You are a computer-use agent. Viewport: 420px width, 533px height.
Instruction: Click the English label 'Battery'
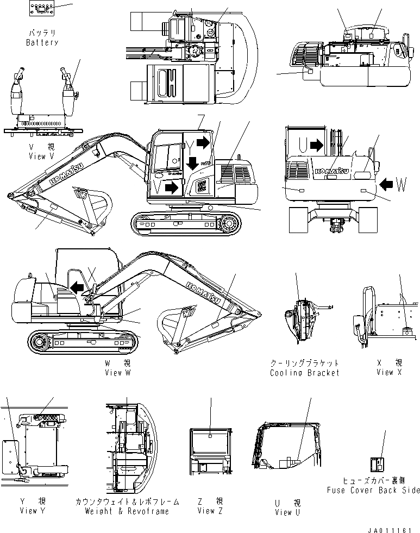(42, 42)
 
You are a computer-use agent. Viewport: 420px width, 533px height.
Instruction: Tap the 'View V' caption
(41, 156)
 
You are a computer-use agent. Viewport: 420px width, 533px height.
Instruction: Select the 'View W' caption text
(117, 373)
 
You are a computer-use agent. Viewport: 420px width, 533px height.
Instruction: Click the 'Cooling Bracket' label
(304, 373)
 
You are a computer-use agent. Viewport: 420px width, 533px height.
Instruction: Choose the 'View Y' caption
(28, 510)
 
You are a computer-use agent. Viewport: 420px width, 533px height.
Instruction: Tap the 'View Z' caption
(206, 510)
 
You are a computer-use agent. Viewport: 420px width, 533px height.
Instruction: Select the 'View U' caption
(284, 512)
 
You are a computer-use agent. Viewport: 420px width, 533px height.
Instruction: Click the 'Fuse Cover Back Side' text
(373, 490)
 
